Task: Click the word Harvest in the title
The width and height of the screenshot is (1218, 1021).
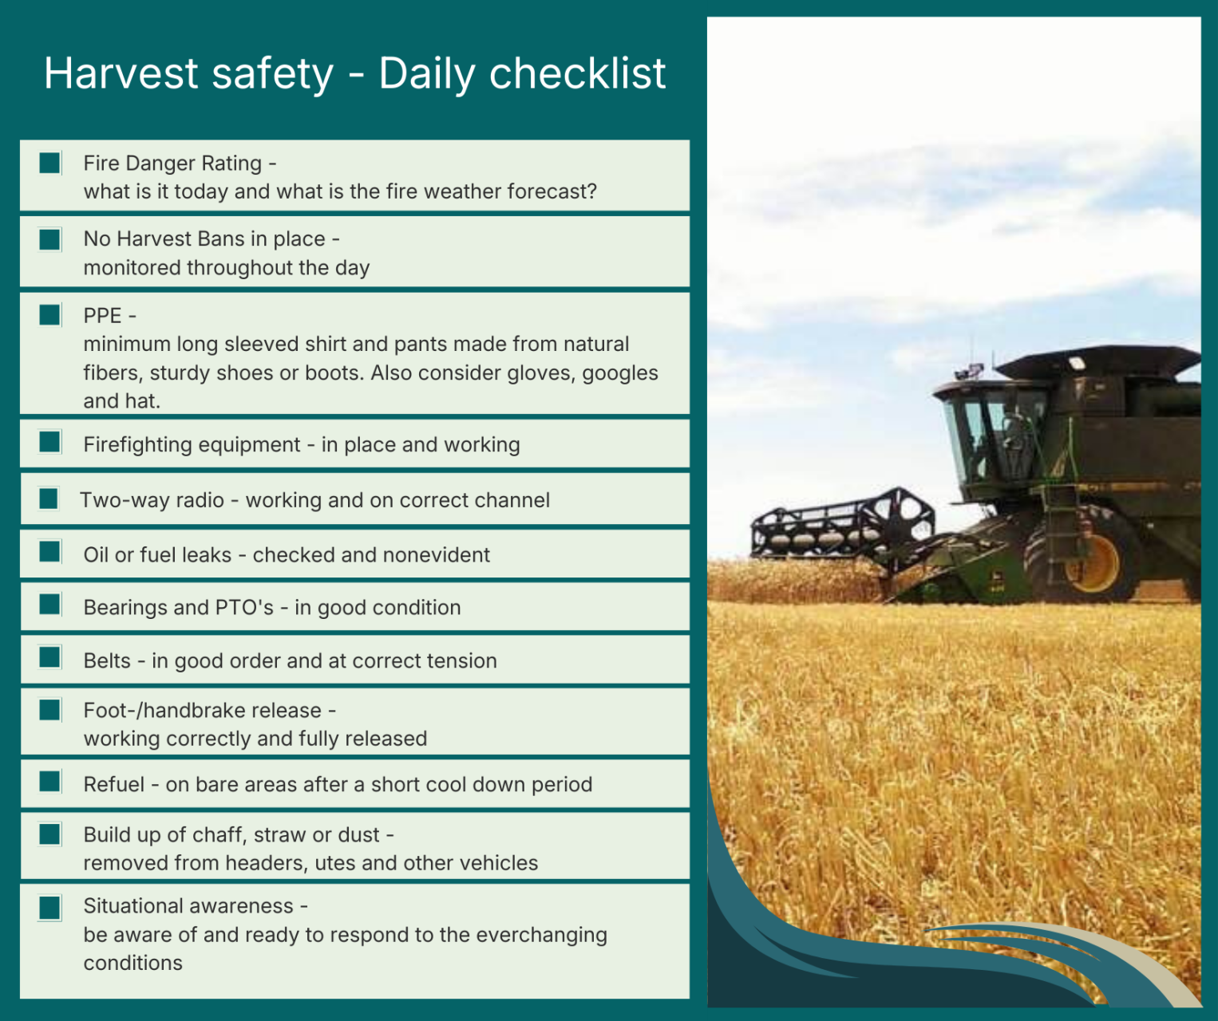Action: coord(121,73)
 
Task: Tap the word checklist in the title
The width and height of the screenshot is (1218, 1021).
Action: coord(578,73)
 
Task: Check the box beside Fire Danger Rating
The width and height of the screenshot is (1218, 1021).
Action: coord(50,164)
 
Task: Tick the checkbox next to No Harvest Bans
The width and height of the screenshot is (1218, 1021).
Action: coord(50,239)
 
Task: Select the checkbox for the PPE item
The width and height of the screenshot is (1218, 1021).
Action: coord(50,315)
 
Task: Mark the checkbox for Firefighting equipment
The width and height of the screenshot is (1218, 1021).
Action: coord(50,442)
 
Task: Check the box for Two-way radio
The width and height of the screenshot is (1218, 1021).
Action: coord(49,499)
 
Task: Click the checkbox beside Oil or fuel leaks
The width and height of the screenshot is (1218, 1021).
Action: coord(50,552)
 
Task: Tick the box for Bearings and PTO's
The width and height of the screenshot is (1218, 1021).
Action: coord(50,605)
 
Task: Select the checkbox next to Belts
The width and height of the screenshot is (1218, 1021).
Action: coord(50,658)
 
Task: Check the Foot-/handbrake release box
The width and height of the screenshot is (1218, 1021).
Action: coord(50,710)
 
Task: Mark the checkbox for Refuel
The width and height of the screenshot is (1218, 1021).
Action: coord(50,783)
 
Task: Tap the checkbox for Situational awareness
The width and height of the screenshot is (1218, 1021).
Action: coord(50,909)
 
